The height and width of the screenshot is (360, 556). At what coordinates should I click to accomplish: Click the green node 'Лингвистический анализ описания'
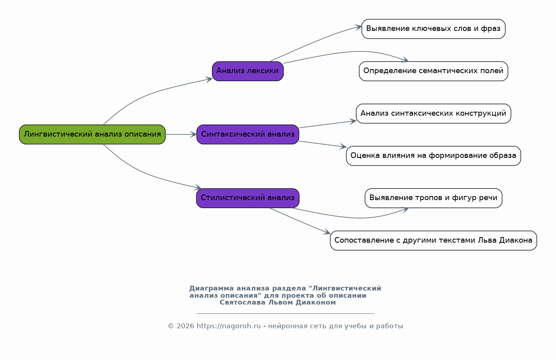pos(92,135)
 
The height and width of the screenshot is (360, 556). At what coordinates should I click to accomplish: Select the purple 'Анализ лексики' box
pos(248,71)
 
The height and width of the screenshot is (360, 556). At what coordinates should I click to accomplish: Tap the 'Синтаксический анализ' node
pos(248,135)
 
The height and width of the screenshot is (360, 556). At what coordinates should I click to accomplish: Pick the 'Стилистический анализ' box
pos(248,198)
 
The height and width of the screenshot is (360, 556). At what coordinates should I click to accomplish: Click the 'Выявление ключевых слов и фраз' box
pos(434,29)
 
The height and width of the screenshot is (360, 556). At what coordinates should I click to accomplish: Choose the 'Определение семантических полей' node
pos(434,71)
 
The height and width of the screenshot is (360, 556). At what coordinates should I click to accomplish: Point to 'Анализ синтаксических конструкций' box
pos(434,114)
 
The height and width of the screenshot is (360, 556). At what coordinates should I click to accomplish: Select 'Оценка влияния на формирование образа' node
pos(434,156)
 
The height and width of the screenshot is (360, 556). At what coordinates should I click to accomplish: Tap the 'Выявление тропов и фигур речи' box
pos(434,198)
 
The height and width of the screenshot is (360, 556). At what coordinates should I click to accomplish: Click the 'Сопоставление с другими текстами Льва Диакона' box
pos(434,241)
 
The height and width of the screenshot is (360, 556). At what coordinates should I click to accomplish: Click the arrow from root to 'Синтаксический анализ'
pos(181,135)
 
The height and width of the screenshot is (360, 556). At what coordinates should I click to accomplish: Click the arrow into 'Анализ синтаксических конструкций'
pos(328,124)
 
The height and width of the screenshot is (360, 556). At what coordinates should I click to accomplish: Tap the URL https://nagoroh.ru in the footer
pos(228,326)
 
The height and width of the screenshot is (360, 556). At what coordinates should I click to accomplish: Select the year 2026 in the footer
pos(185,326)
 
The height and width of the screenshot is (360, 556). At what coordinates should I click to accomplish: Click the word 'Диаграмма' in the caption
pos(212,288)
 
